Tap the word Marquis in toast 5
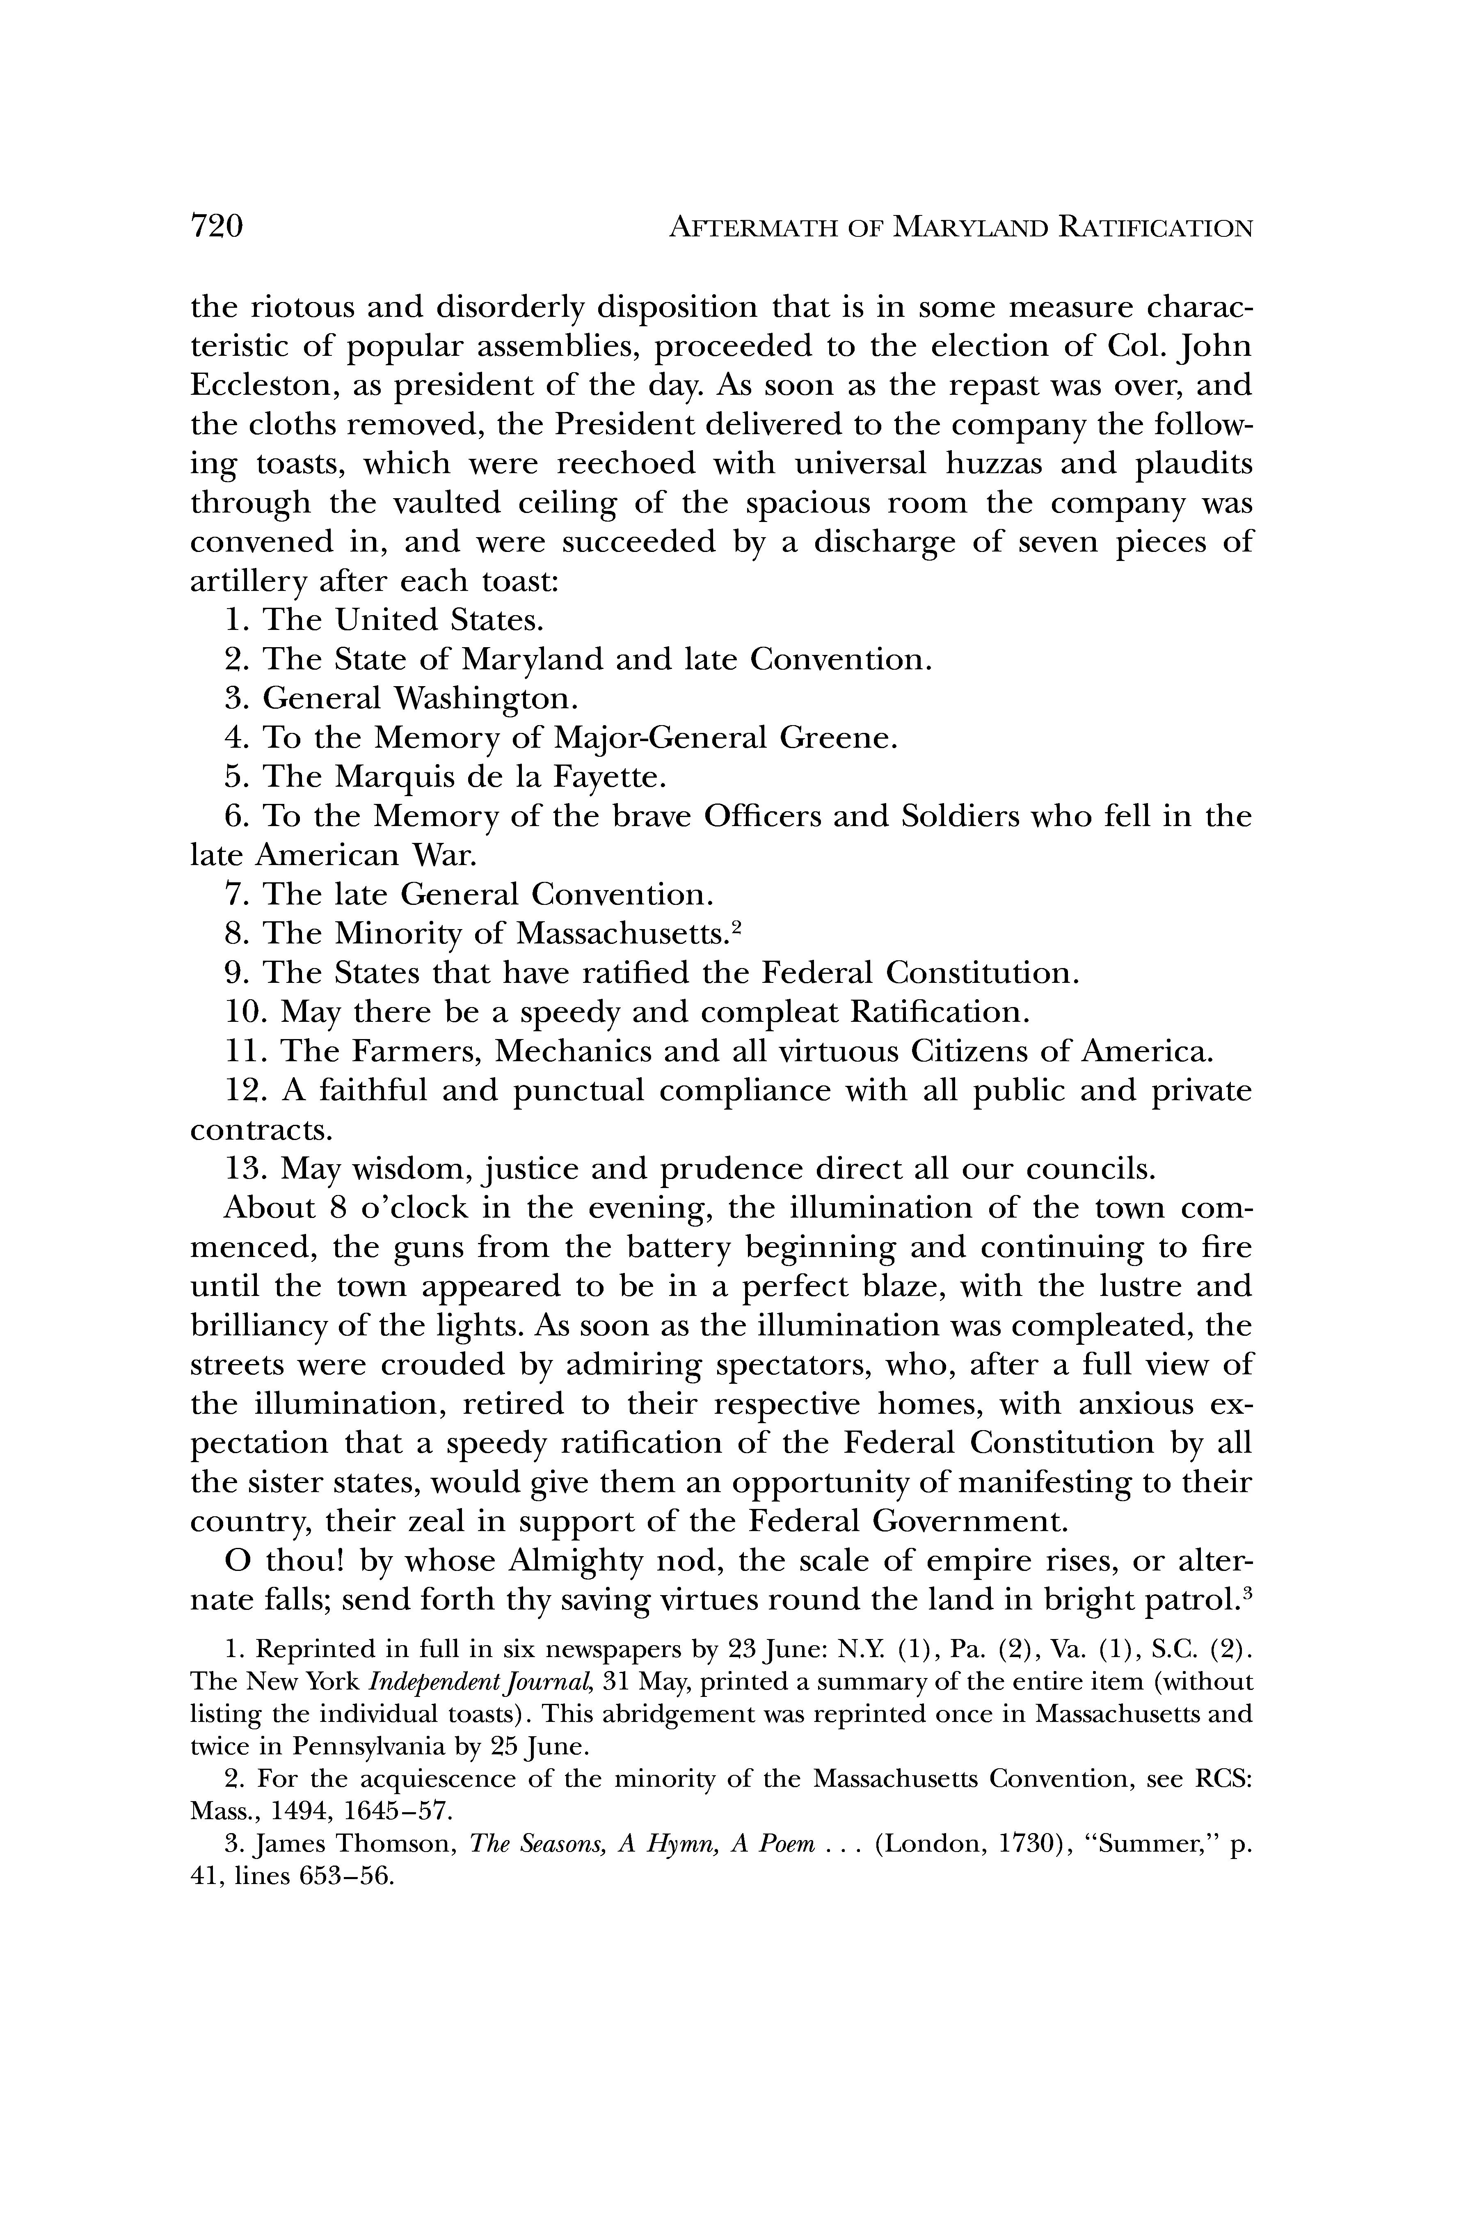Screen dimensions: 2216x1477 389,777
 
